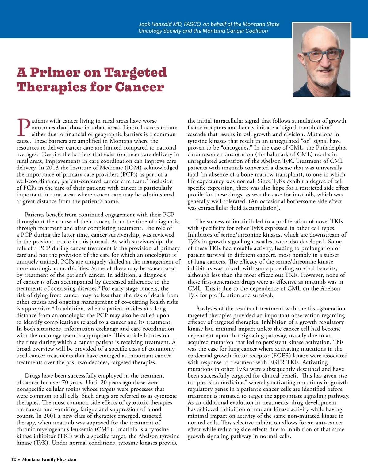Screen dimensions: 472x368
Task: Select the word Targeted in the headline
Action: (135, 73)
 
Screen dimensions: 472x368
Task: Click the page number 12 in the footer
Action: (13, 459)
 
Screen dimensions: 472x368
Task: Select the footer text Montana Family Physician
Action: (49, 459)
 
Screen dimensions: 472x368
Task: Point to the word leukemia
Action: (82, 430)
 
